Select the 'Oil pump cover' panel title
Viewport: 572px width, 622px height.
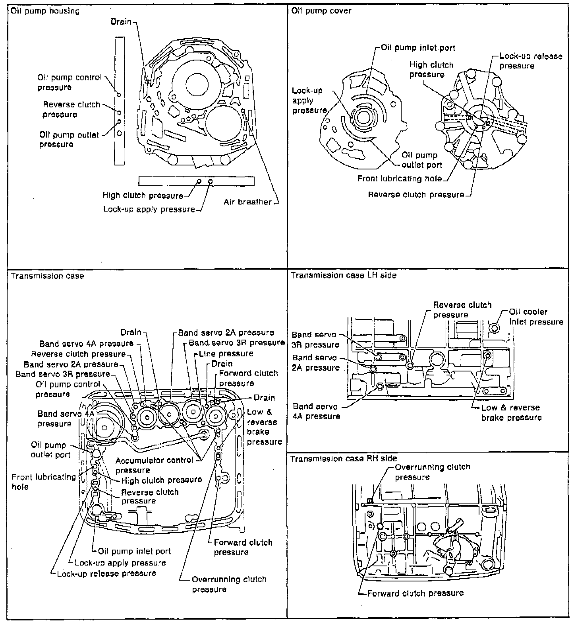(x=321, y=11)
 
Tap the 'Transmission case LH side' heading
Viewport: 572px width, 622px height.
(x=344, y=275)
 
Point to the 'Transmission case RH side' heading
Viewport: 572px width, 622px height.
(x=344, y=459)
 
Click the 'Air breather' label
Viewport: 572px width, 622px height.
(x=247, y=202)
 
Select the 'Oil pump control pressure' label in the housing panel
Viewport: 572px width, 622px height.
(x=70, y=82)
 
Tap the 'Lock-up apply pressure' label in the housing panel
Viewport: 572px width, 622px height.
(x=149, y=209)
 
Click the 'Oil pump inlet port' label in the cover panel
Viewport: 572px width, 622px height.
(x=418, y=48)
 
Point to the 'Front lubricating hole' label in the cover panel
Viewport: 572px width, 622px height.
(x=400, y=179)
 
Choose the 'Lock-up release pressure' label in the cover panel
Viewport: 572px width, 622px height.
(x=530, y=61)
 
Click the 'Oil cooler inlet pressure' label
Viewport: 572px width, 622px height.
(x=536, y=317)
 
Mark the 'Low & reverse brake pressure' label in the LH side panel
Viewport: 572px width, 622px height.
(x=511, y=412)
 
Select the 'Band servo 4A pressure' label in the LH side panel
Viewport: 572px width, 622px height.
(x=316, y=411)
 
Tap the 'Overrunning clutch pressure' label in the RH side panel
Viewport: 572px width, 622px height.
(x=432, y=472)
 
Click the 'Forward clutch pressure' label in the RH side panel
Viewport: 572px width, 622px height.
(x=415, y=593)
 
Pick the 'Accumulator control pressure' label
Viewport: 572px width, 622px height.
(x=154, y=465)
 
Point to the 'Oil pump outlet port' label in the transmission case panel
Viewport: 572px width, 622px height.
(x=50, y=450)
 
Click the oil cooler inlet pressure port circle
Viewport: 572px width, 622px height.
(x=495, y=328)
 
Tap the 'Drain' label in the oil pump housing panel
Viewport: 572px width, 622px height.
(x=121, y=21)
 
